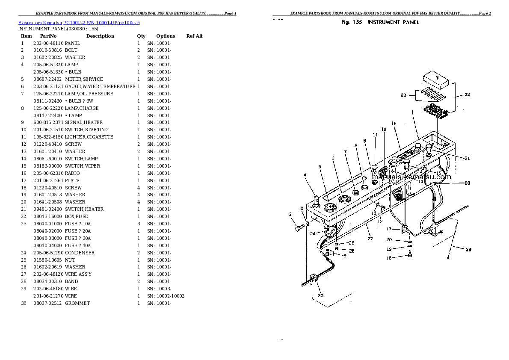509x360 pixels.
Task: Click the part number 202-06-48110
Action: pyautogui.click(x=48, y=43)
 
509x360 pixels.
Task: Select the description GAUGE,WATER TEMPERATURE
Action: pyautogui.click(x=100, y=86)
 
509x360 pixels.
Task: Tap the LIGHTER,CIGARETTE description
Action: pyautogui.click(x=89, y=137)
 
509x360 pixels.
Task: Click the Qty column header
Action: pyautogui.click(x=141, y=36)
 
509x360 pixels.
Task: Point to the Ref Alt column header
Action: pyautogui.click(x=195, y=36)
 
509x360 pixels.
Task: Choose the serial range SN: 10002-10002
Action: pyautogui.click(x=166, y=296)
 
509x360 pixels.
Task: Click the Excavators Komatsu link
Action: pyautogui.click(x=40, y=23)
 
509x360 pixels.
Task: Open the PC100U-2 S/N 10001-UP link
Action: pyautogui.click(x=102, y=23)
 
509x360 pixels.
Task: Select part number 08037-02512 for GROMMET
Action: pyautogui.click(x=47, y=303)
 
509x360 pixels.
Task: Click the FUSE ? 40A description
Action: pyautogui.click(x=78, y=245)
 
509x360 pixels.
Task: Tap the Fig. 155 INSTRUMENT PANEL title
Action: pyautogui.click(x=380, y=22)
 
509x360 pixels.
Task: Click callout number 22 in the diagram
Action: pyautogui.click(x=467, y=94)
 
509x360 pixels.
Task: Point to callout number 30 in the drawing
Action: pyautogui.click(x=321, y=295)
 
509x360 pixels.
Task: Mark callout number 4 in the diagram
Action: pyautogui.click(x=305, y=175)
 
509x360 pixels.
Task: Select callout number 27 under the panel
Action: pyautogui.click(x=370, y=239)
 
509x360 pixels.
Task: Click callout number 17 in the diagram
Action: pyautogui.click(x=388, y=229)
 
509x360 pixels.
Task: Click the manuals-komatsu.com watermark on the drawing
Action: pyautogui.click(x=411, y=177)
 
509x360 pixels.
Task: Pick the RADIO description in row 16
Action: pyautogui.click(x=72, y=173)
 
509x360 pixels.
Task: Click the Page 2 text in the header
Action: pyautogui.click(x=485, y=13)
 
